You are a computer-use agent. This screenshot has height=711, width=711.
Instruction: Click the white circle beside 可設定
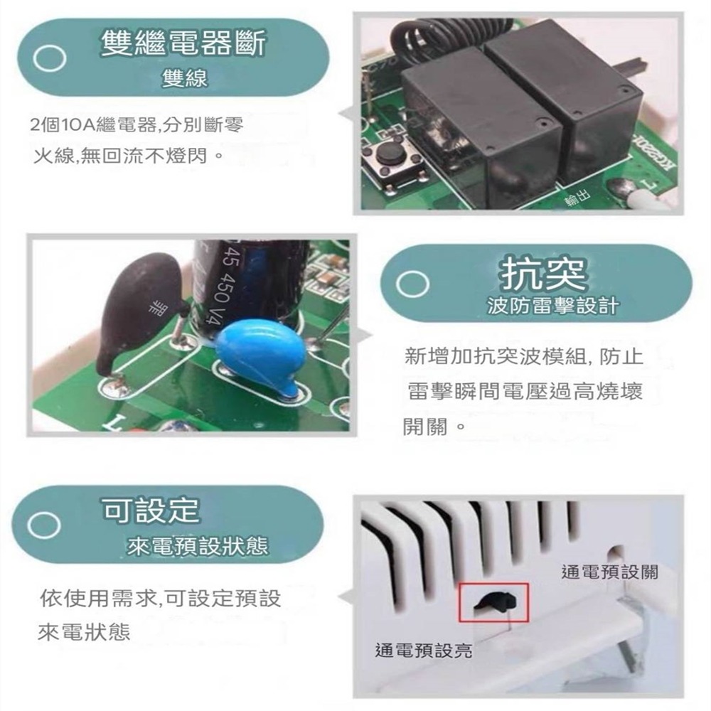click(x=42, y=525)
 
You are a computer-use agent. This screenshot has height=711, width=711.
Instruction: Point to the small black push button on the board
click(x=390, y=153)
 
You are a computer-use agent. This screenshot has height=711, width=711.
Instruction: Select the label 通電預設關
click(x=609, y=572)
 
